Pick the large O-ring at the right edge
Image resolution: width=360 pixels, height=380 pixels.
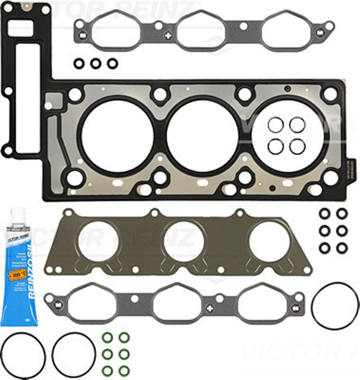tap(335, 305)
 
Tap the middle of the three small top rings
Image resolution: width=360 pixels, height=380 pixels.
tap(95, 62)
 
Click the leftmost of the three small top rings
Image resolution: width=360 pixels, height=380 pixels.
tap(78, 62)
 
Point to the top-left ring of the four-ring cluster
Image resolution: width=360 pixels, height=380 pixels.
tap(276, 125)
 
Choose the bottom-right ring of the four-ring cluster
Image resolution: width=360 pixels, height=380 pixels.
tap(297, 145)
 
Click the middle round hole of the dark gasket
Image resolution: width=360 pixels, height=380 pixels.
tap(184, 242)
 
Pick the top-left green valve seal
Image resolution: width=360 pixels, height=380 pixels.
tap(108, 338)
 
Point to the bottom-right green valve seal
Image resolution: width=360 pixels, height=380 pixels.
tap(124, 370)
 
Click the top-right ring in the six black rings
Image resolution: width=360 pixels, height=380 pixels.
tap(342, 213)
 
